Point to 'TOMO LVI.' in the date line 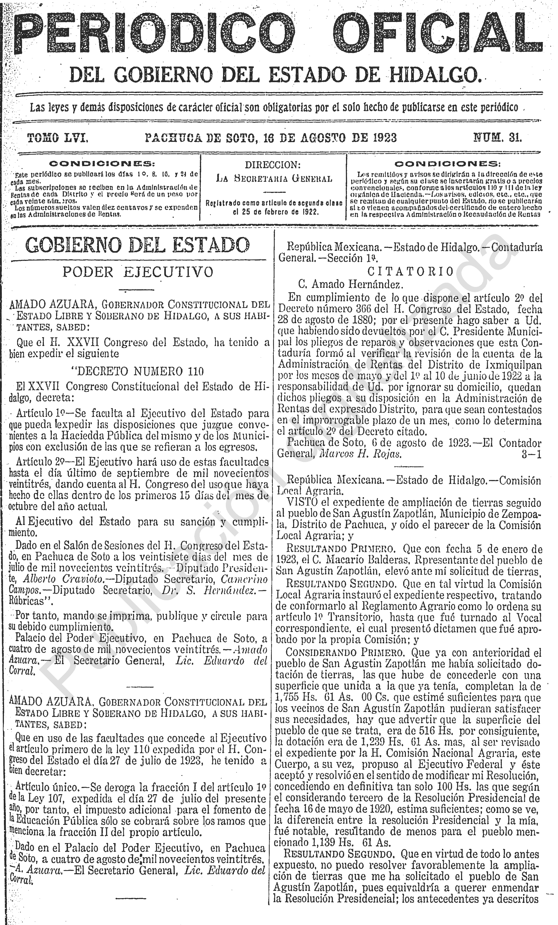(x=58, y=138)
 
